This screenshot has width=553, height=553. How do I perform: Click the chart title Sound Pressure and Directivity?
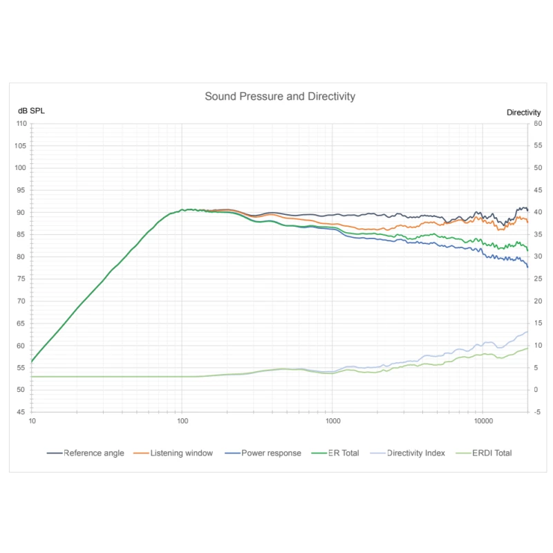(x=280, y=97)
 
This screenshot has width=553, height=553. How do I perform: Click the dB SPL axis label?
(x=31, y=112)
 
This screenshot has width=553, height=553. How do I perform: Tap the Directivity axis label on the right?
(x=523, y=112)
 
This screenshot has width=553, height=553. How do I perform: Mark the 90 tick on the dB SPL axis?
(x=21, y=212)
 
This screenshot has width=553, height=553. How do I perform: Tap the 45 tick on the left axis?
(x=21, y=412)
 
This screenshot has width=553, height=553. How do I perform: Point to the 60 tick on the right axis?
(x=537, y=124)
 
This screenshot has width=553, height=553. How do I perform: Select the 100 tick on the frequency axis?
(x=182, y=420)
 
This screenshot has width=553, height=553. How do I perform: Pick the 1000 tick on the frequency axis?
(x=332, y=420)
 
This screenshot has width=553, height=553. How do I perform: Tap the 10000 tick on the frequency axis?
(x=482, y=420)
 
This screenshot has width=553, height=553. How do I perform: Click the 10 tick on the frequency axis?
(x=32, y=420)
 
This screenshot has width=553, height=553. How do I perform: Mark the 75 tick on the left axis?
(x=21, y=279)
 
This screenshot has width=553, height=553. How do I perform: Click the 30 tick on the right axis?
(x=537, y=257)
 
